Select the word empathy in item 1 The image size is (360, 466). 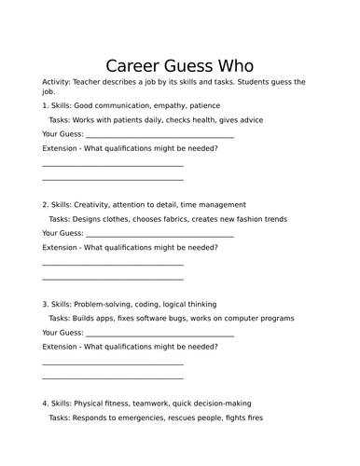(177, 106)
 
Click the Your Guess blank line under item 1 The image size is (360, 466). (159, 136)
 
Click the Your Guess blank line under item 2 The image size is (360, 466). (159, 235)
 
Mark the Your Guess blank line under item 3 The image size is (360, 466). (159, 334)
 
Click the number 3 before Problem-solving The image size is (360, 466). (44, 304)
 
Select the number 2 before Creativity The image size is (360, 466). (44, 204)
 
